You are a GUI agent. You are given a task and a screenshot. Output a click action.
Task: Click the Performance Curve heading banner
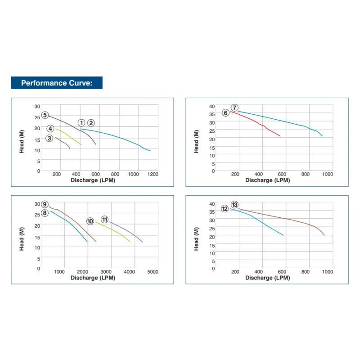[57, 83]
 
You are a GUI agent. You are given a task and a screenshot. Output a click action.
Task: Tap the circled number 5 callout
[45, 115]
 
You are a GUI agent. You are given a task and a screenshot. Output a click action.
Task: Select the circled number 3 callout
[49, 138]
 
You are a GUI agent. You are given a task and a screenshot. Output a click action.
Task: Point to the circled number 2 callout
[91, 122]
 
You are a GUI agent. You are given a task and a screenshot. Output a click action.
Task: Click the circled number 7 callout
[234, 108]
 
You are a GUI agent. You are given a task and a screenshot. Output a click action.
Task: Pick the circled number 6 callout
[225, 112]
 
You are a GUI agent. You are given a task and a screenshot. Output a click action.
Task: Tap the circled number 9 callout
[45, 204]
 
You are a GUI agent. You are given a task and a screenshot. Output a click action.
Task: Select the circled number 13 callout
[234, 205]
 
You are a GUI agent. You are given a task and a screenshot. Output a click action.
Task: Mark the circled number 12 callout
[225, 209]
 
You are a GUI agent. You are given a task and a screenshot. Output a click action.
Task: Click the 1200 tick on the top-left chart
[153, 174]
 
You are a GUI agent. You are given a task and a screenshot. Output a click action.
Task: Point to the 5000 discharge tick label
[153, 272]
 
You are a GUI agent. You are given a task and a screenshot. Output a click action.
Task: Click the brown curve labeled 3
[63, 141]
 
